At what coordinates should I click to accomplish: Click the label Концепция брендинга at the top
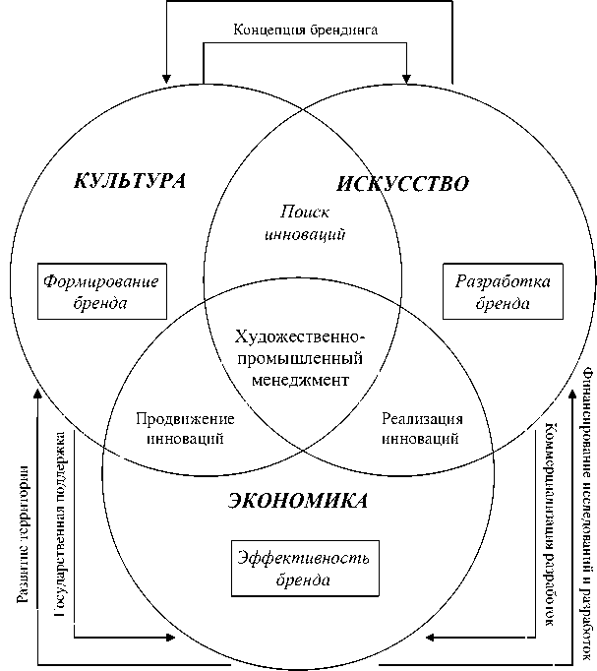(x=305, y=29)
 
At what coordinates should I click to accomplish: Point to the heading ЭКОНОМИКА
(x=298, y=501)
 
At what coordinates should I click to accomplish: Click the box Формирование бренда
(x=101, y=291)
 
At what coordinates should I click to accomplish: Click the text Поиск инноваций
(x=304, y=223)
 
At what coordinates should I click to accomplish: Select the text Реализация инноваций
(x=421, y=429)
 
